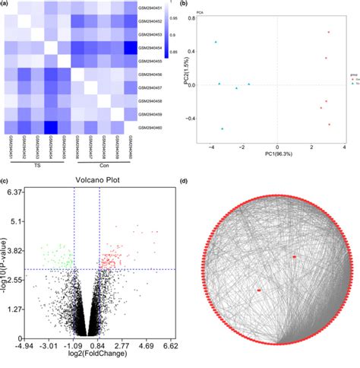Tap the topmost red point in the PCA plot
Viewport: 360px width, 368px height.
pyautogui.click(x=329, y=32)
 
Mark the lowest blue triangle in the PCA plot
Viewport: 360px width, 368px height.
pyautogui.click(x=223, y=128)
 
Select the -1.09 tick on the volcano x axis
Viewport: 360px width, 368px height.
pyautogui.click(x=74, y=344)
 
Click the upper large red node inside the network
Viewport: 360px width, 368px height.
pyautogui.click(x=294, y=257)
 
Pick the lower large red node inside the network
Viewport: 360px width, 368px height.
pyautogui.click(x=259, y=290)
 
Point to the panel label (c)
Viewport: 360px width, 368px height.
pyautogui.click(x=5, y=182)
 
